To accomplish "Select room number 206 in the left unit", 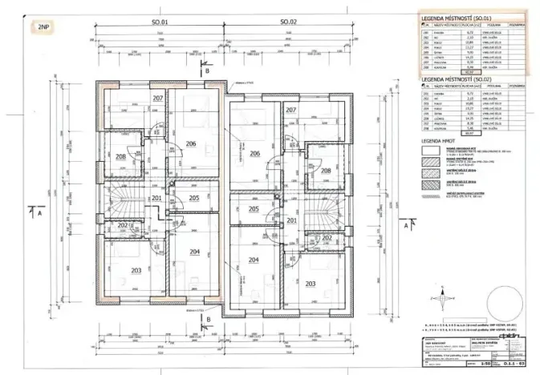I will [x=191, y=143].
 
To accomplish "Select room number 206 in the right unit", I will [x=254, y=153].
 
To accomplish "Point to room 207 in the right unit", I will [x=290, y=109].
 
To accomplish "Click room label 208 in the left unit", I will [x=120, y=156].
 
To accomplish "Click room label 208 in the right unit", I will [x=325, y=171].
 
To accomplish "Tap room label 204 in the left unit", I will [x=193, y=252].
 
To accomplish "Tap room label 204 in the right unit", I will [x=254, y=260].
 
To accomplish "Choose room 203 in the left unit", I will [x=136, y=270].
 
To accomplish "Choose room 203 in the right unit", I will [x=310, y=283].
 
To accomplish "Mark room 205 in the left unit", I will [x=193, y=198].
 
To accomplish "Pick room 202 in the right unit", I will [x=327, y=238].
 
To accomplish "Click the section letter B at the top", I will [x=208, y=72].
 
